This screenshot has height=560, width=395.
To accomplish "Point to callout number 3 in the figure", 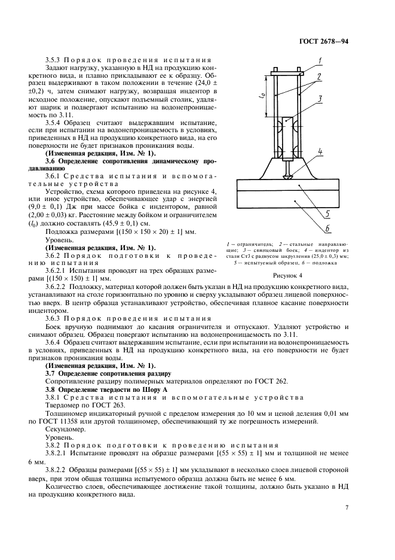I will pos(320,98).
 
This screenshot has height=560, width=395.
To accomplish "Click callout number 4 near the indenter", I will pos(320,152).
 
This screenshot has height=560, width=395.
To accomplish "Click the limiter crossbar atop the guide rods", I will pos(289,74).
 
